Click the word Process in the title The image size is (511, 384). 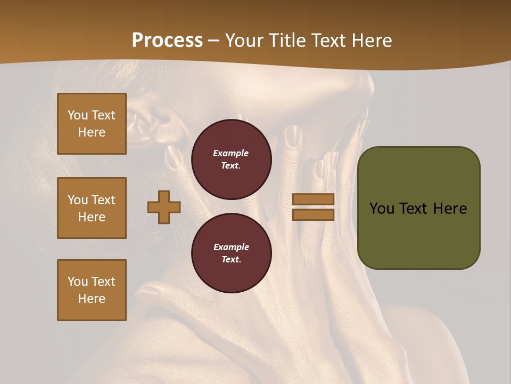coord(167,41)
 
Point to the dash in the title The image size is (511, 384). coord(213,41)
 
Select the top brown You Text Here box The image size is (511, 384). coord(92,124)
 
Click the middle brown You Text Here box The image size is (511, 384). coord(92,208)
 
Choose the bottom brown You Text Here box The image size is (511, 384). coord(92,290)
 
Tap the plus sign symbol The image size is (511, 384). coord(164,207)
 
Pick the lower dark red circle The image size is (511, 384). coord(231,253)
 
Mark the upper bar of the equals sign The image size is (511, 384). coord(313,199)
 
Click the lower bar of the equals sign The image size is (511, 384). coord(313,215)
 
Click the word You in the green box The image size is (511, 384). coord(382,209)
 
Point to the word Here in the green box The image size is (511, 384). coord(450,209)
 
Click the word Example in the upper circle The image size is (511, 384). coord(230,153)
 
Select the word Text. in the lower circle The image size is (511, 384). coord(231,259)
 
